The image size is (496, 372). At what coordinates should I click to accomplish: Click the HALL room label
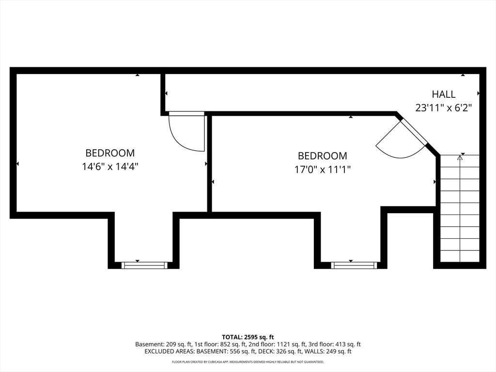pyautogui.click(x=444, y=94)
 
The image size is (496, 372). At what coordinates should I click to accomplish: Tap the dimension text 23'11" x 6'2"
pyautogui.click(x=444, y=108)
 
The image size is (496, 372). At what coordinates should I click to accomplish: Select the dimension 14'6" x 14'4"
pyautogui.click(x=110, y=167)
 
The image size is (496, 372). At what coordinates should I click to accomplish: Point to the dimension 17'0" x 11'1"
pyautogui.click(x=323, y=170)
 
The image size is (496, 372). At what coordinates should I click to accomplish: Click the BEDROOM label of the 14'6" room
pyautogui.click(x=110, y=153)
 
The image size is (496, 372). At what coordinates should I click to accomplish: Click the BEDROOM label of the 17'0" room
pyautogui.click(x=323, y=156)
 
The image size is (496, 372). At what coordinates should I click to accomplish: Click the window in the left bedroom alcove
pyautogui.click(x=144, y=265)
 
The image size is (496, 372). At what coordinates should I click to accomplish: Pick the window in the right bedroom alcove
pyautogui.click(x=354, y=265)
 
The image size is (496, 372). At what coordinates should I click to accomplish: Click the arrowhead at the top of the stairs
pyautogui.click(x=460, y=157)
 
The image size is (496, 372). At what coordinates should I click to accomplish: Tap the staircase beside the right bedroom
pyautogui.click(x=460, y=208)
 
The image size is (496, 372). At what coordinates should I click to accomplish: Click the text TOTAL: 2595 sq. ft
pyautogui.click(x=248, y=337)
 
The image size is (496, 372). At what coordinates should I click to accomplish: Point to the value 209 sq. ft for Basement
pyautogui.click(x=178, y=344)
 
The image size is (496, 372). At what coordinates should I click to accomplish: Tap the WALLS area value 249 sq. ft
pyautogui.click(x=338, y=352)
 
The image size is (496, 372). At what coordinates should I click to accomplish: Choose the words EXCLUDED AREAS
pyautogui.click(x=169, y=352)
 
